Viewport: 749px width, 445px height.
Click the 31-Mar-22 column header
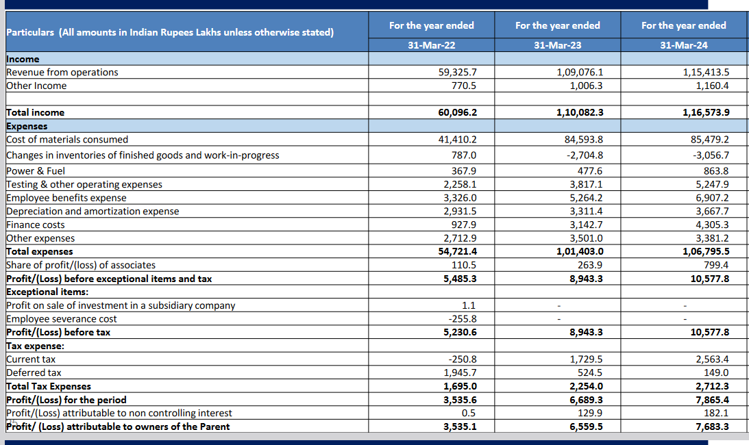431,45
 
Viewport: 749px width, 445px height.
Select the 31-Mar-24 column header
683,45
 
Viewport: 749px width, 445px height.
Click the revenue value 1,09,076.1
580,73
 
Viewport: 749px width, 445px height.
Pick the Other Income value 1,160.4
712,86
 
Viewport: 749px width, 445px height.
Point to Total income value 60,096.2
457,113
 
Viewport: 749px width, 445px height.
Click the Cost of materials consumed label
67,140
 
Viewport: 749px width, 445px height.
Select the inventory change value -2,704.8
585,155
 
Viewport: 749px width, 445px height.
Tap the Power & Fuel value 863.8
716,171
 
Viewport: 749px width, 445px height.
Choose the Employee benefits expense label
66,199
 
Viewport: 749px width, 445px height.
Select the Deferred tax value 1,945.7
460,373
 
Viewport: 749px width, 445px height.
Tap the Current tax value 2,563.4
712,359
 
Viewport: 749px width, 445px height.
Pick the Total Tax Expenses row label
49,387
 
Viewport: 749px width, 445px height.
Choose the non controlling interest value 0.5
469,414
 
